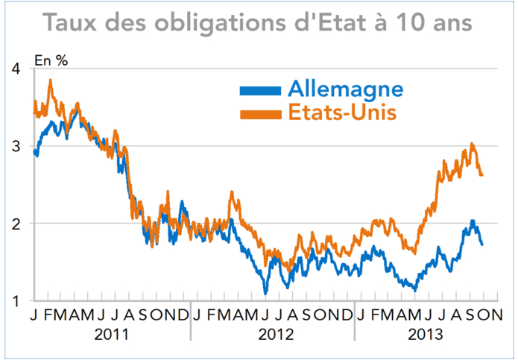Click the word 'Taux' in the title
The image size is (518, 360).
click(x=73, y=22)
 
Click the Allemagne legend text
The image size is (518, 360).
click(x=345, y=89)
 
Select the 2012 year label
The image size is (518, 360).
click(x=275, y=335)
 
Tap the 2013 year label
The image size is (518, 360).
click(x=425, y=335)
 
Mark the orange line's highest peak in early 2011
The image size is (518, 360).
click(x=51, y=80)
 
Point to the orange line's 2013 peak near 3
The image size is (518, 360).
click(x=472, y=144)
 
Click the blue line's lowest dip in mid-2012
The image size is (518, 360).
click(x=265, y=293)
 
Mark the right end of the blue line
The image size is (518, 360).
click(x=481, y=244)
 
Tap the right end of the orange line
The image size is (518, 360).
click(x=482, y=175)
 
